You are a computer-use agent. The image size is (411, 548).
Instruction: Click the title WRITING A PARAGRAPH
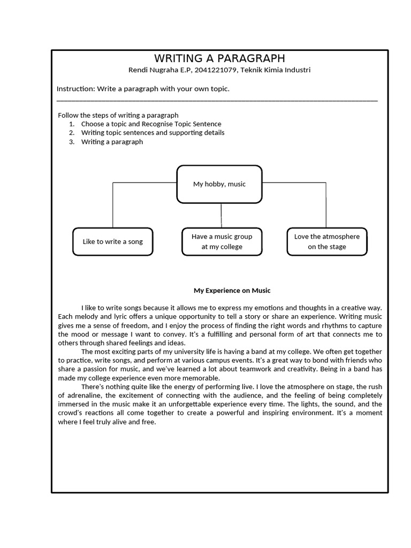coord(219,58)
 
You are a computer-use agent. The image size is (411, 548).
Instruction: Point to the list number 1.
coord(71,124)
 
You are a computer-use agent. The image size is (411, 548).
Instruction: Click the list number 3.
coord(71,142)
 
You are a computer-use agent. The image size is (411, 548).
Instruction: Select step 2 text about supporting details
coord(153,133)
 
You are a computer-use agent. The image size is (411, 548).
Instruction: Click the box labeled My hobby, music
coord(219,184)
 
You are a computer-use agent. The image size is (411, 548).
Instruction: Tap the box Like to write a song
coord(112,241)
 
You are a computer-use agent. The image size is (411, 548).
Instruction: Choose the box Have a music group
coord(222,241)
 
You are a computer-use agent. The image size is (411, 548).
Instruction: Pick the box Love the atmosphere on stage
coord(327,241)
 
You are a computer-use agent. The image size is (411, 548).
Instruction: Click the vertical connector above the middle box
coord(221,215)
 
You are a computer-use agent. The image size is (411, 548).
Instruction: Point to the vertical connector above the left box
coord(112,206)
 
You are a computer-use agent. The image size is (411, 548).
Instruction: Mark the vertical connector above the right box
coord(326,206)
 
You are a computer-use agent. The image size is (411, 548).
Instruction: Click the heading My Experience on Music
coord(232,291)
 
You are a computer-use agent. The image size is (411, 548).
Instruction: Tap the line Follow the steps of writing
coord(118,115)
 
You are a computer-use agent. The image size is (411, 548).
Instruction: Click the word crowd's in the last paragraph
coord(71,413)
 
